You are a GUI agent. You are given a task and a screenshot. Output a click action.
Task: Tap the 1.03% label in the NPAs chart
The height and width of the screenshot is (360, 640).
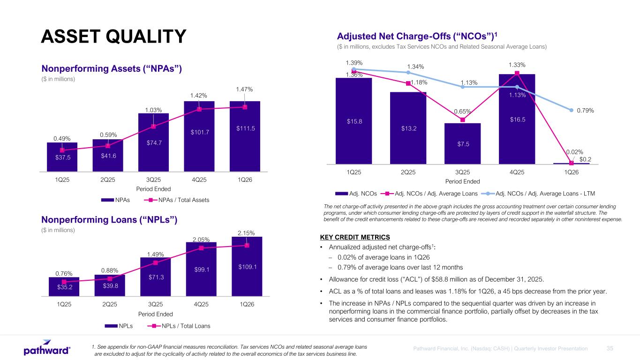click(x=153, y=110)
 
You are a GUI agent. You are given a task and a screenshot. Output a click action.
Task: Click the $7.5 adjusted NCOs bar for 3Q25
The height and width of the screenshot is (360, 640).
click(x=462, y=143)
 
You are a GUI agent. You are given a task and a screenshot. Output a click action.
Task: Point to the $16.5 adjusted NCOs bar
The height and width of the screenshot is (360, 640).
click(x=517, y=120)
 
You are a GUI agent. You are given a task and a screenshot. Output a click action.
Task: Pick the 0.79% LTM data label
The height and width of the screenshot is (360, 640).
click(x=585, y=111)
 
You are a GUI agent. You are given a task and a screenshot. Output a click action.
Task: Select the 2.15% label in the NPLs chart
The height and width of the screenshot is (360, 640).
click(x=247, y=233)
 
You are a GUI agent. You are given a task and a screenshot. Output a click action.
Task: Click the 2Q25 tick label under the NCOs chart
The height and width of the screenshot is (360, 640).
click(x=408, y=172)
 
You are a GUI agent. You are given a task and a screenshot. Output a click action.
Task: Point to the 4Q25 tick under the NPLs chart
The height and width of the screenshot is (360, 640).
click(x=201, y=304)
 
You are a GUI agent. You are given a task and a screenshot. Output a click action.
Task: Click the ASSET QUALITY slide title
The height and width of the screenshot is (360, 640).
click(x=114, y=37)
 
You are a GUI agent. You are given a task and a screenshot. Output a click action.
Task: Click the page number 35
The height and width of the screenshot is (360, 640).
click(x=610, y=348)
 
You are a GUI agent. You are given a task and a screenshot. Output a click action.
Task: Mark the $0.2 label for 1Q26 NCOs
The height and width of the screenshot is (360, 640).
click(x=585, y=159)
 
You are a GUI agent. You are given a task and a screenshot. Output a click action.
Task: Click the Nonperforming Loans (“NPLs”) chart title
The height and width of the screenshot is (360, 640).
click(x=109, y=219)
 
